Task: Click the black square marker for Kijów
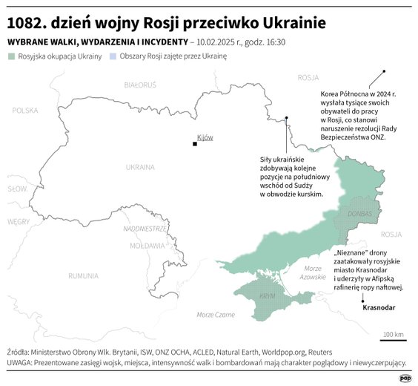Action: pyautogui.click(x=194, y=144)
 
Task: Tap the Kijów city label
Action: pyautogui.click(x=205, y=137)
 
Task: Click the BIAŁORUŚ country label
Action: pyautogui.click(x=139, y=85)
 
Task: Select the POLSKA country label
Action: pyautogui.click(x=24, y=110)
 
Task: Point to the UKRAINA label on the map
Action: pyautogui.click(x=140, y=167)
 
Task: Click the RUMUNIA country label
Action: pyautogui.click(x=83, y=275)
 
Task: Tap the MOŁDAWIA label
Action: pyautogui.click(x=147, y=245)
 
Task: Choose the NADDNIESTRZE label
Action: pyautogui.click(x=145, y=229)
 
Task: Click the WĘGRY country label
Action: pyautogui.click(x=19, y=221)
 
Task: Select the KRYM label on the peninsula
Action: pyautogui.click(x=268, y=295)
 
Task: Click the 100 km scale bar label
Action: pyautogui.click(x=394, y=335)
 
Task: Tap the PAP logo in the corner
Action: pyautogui.click(x=405, y=378)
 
